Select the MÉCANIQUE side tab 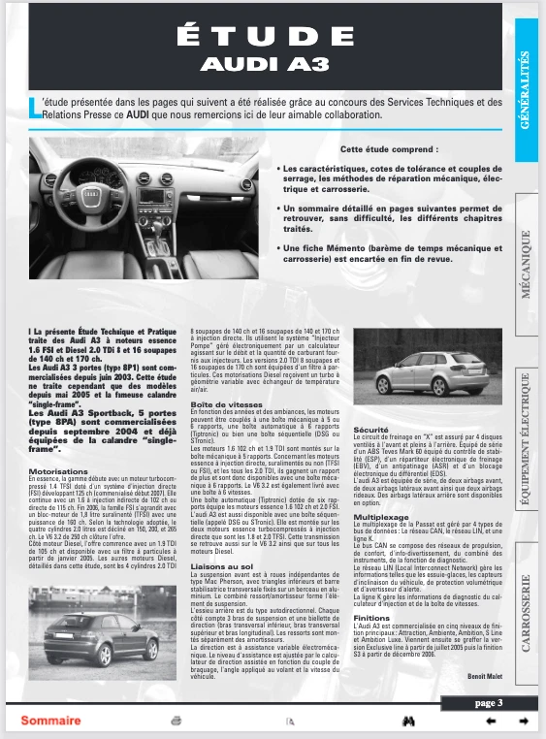526,262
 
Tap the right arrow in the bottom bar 523,721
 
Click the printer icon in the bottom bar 177,721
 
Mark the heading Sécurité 371,428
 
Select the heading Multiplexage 379,517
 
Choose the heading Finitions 371,617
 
